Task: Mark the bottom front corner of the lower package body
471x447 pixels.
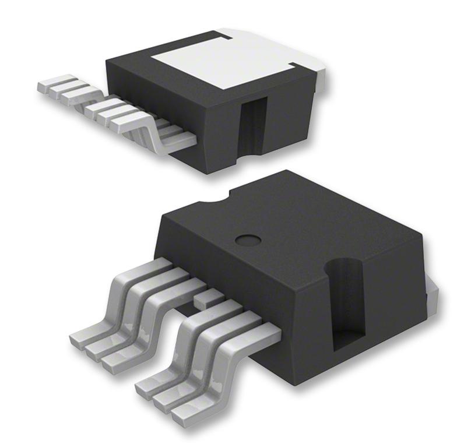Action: click(295, 382)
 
